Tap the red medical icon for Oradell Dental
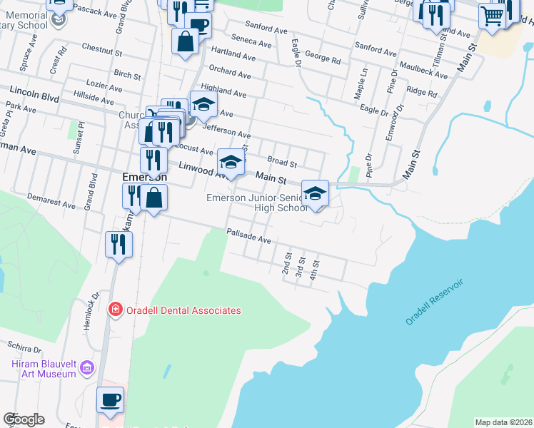[x=114, y=310]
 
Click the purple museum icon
[x=87, y=368]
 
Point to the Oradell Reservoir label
[x=435, y=302]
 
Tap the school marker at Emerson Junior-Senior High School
[x=315, y=194]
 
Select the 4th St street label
[x=313, y=270]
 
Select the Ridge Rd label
[x=421, y=92]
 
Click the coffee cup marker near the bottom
[x=110, y=401]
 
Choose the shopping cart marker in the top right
[x=492, y=14]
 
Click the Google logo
[x=24, y=419]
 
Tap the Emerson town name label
[x=144, y=177]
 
